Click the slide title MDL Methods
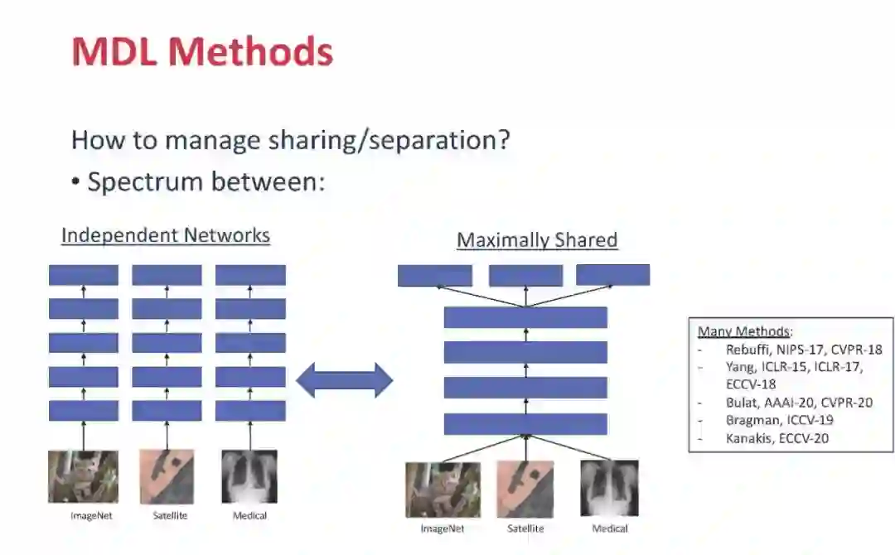pyautogui.click(x=202, y=52)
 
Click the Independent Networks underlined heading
pyautogui.click(x=166, y=235)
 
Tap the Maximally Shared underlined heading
pyautogui.click(x=537, y=240)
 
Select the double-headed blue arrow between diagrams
pyautogui.click(x=344, y=379)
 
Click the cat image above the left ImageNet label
pyautogui.click(x=83, y=476)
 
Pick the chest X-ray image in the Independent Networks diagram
pyautogui.click(x=249, y=476)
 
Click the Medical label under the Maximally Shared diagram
pyautogui.click(x=609, y=528)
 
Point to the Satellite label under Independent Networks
pyautogui.click(x=170, y=516)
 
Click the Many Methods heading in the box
pyautogui.click(x=745, y=331)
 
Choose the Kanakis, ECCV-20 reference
pyautogui.click(x=776, y=438)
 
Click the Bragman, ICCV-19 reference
pyautogui.click(x=779, y=421)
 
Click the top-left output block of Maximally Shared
pyautogui.click(x=435, y=276)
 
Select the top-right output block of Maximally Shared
pyautogui.click(x=612, y=275)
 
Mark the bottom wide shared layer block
pyautogui.click(x=525, y=424)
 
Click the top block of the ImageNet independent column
pyautogui.click(x=83, y=275)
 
